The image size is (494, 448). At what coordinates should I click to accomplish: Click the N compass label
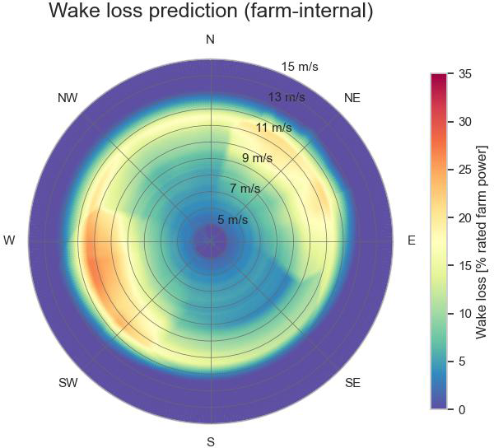[x=211, y=40]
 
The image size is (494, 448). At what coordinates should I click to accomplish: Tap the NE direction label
[x=352, y=98]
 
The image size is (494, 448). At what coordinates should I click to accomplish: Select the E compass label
[x=412, y=240]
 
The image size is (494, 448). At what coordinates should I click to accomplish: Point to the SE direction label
[x=352, y=383]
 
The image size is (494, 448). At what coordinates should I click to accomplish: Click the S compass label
[x=211, y=441]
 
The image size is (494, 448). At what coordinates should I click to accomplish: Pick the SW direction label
[x=68, y=383]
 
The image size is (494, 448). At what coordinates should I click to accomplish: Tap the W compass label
[x=10, y=240]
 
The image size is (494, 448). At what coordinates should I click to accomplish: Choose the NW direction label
[x=68, y=98]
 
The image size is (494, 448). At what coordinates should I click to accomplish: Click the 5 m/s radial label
[x=232, y=220]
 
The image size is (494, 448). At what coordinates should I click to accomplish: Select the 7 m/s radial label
[x=245, y=189]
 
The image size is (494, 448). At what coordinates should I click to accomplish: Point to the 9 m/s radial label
[x=257, y=158]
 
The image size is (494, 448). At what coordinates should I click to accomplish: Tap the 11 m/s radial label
[x=274, y=128]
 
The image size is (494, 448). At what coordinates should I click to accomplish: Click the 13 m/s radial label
[x=287, y=97]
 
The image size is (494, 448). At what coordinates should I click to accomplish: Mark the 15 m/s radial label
[x=300, y=67]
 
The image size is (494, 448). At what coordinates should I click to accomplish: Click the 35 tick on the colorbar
[x=464, y=74]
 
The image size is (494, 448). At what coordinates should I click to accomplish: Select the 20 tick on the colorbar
[x=464, y=217]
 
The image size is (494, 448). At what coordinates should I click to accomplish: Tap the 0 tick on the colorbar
[x=461, y=409]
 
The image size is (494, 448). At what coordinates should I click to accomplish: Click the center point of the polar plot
[x=211, y=241]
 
